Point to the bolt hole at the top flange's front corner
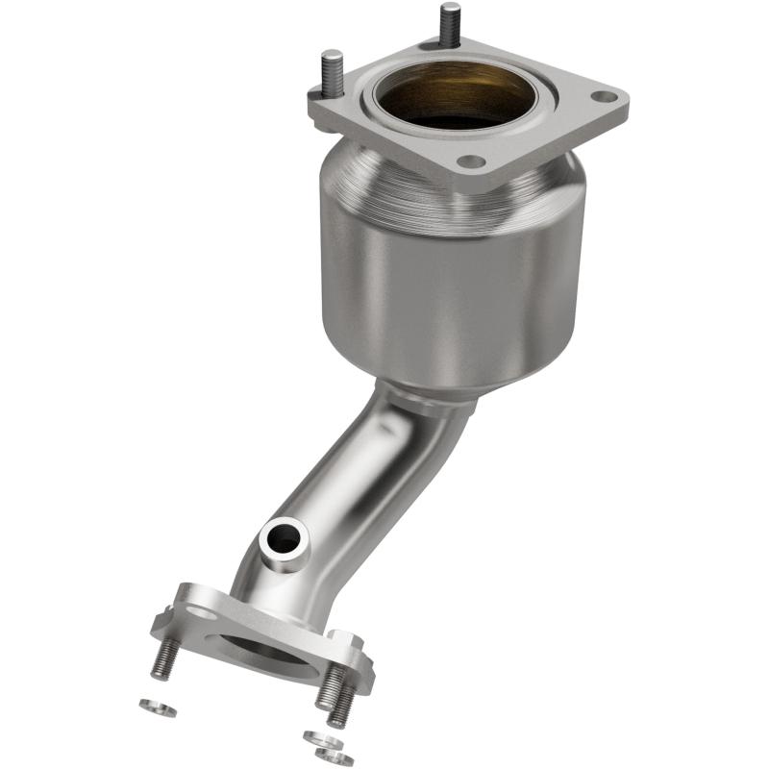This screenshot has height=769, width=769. [471, 161]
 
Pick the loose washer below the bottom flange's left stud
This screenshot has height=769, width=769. [158, 708]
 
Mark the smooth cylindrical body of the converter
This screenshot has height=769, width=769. [452, 288]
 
